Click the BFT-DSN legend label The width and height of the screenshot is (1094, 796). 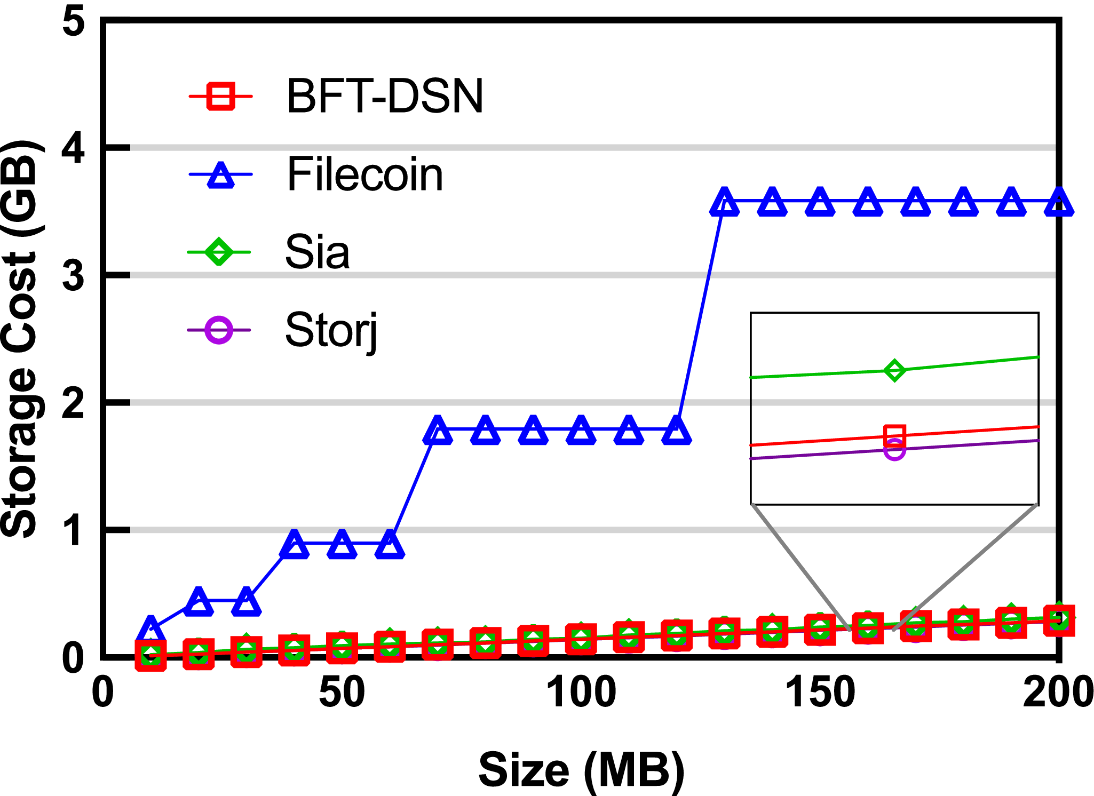(384, 97)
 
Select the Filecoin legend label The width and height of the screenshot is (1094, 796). (365, 174)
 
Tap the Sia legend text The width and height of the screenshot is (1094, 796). (318, 252)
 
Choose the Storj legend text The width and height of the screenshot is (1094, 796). (331, 331)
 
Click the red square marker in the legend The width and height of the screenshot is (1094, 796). (220, 97)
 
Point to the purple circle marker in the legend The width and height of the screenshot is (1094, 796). (219, 330)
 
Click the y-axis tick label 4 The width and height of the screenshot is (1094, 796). (73, 148)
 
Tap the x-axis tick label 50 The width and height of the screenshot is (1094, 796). (342, 693)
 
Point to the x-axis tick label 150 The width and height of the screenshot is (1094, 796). (820, 693)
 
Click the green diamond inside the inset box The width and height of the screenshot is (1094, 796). (894, 370)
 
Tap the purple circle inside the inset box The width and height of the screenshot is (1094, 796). (894, 450)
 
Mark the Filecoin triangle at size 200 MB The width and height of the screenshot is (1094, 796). (1059, 203)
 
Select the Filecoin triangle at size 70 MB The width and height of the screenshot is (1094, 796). (438, 431)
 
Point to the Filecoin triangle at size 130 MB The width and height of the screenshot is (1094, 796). (724, 203)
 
